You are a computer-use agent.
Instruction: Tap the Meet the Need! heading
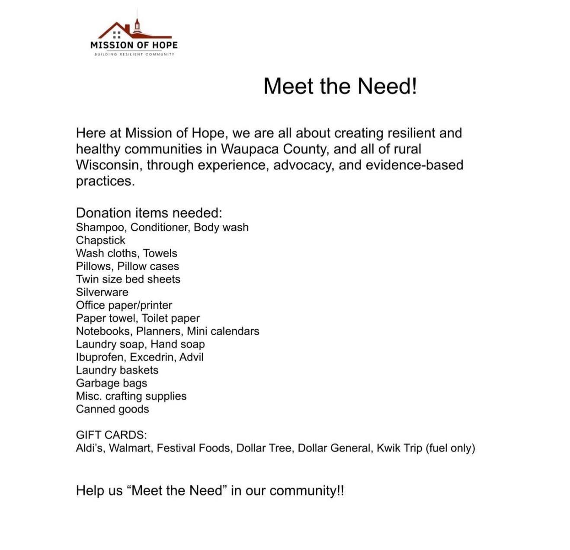pyautogui.click(x=340, y=86)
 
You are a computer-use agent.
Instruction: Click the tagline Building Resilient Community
pyautogui.click(x=134, y=54)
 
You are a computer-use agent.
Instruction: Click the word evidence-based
pyautogui.click(x=414, y=165)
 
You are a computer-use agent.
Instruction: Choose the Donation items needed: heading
pyautogui.click(x=149, y=213)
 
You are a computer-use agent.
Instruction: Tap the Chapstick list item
pyautogui.click(x=100, y=240)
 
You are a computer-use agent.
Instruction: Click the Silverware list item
pyautogui.click(x=102, y=292)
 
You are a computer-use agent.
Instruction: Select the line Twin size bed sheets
pyautogui.click(x=128, y=279)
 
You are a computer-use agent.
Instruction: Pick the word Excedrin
pyautogui.click(x=151, y=357)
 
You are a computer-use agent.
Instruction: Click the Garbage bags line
pyautogui.click(x=112, y=383)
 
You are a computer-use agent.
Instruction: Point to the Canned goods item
pyautogui.click(x=112, y=409)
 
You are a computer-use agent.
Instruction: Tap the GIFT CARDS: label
pyautogui.click(x=111, y=435)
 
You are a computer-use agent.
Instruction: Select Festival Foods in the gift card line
pyautogui.click(x=193, y=448)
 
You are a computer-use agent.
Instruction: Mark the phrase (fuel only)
pyautogui.click(x=451, y=448)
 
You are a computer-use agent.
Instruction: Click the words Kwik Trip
pyautogui.click(x=399, y=448)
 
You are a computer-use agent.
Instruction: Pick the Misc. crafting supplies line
pyautogui.click(x=131, y=396)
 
